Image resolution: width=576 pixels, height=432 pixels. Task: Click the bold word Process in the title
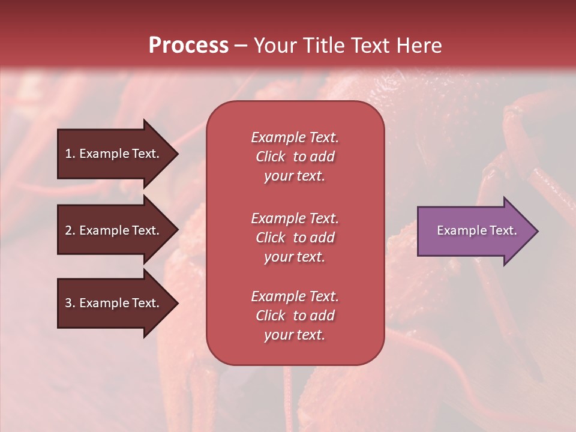188,45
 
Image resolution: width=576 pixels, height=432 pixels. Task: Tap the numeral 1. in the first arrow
70,154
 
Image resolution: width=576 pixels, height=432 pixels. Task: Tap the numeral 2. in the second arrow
70,230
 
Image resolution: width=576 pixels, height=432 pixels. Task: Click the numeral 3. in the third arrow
70,303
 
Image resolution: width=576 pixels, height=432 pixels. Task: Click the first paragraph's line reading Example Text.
295,137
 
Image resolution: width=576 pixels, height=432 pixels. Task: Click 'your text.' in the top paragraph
295,176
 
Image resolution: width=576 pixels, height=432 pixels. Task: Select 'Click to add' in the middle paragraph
295,238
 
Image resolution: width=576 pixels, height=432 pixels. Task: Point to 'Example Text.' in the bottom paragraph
295,296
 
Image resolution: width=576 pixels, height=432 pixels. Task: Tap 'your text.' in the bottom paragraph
295,335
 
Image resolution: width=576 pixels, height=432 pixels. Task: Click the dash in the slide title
240,46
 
